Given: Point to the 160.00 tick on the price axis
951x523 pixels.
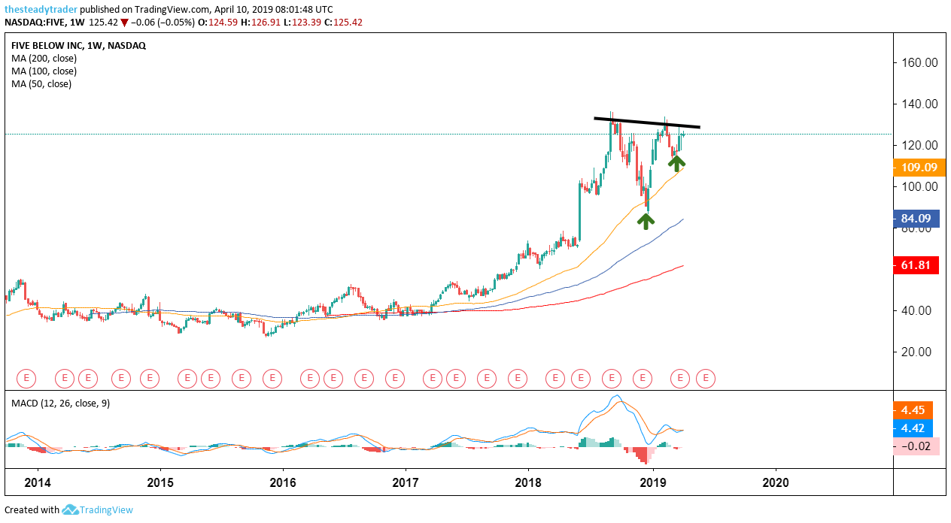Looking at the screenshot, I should click(919, 62).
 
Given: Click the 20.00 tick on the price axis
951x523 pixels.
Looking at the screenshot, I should click(919, 352).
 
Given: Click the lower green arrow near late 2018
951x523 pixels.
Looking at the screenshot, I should click(646, 220).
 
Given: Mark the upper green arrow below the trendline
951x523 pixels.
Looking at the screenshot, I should click(677, 162).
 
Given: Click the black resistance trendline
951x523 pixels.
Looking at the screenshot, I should click(647, 122).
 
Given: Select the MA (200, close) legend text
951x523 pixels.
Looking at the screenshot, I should click(44, 58).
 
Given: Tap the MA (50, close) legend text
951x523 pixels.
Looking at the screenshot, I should click(41, 83).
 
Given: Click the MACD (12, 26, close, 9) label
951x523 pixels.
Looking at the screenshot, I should click(60, 403).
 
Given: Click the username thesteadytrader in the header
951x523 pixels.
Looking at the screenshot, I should click(40, 10).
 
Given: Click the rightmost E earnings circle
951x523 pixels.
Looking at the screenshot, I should click(705, 378).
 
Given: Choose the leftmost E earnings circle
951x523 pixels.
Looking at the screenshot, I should click(27, 378).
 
